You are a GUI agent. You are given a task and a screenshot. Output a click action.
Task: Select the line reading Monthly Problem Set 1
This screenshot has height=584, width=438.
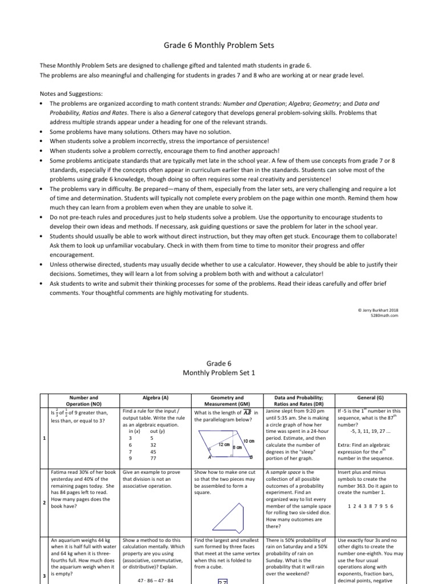[x=218, y=372]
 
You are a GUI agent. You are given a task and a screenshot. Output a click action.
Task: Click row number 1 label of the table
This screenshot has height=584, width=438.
[x=44, y=438]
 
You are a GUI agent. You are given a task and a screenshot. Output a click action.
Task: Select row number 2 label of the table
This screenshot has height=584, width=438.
[x=44, y=502]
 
